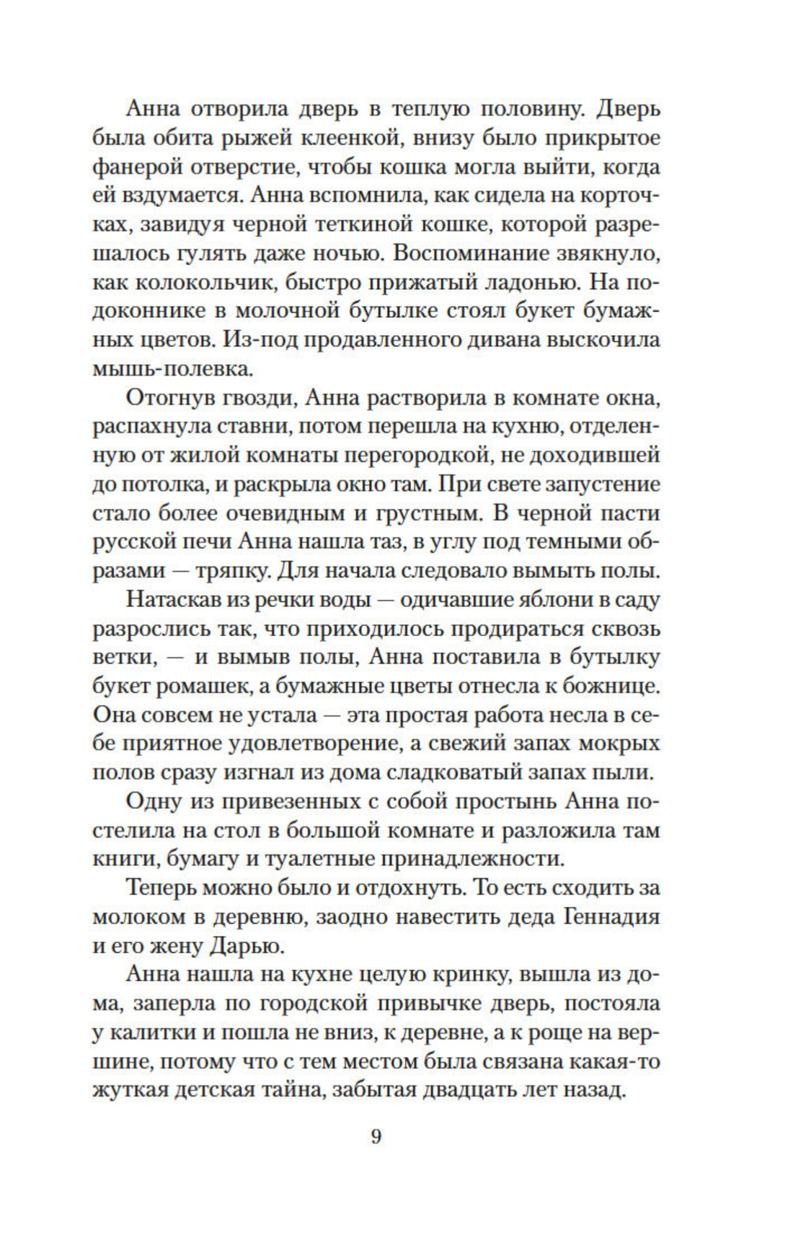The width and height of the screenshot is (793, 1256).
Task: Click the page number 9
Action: tap(376, 1137)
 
